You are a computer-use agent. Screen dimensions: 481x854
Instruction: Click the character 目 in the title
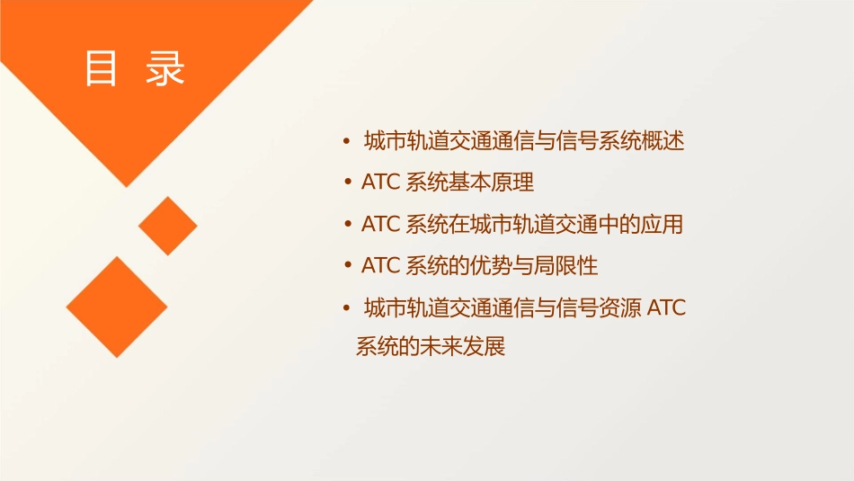point(101,68)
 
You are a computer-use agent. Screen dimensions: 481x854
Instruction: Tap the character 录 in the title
point(165,68)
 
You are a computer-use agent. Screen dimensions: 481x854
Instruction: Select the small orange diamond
point(167,226)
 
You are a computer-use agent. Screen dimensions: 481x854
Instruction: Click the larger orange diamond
point(117,307)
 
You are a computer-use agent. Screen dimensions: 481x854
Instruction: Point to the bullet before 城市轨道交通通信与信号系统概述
point(346,141)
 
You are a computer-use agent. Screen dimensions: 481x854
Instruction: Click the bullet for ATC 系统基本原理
point(346,183)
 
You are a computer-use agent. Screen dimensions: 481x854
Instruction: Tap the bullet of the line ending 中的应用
point(346,225)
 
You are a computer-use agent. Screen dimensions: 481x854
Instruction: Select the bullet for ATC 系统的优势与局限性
point(346,266)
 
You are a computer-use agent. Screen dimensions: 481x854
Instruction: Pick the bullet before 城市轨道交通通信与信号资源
point(346,308)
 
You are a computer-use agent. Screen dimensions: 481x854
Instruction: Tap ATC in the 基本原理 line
point(380,183)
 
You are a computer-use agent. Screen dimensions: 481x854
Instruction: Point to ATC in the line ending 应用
point(380,225)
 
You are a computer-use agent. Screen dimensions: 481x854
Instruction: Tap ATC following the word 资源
point(667,308)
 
